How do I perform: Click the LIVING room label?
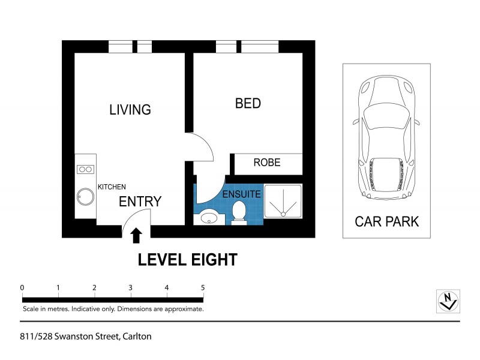point(130,110)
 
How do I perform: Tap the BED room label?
point(248,103)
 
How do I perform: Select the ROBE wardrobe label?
point(267,163)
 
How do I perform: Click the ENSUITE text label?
point(241,194)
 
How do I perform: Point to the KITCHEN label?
point(112,187)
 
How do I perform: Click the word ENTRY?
point(140,202)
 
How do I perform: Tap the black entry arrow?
point(136,235)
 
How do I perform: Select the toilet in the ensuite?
point(239,212)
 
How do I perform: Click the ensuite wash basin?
point(209,217)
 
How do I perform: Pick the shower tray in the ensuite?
point(283,201)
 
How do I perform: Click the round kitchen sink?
point(84,197)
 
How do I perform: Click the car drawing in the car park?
point(386,140)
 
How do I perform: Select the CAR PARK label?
point(386,221)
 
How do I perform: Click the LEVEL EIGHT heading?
point(188,260)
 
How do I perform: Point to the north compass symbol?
point(448,300)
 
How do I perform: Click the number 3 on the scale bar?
point(130,287)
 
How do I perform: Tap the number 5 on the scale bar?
point(203,287)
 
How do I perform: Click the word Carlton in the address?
point(136,337)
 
